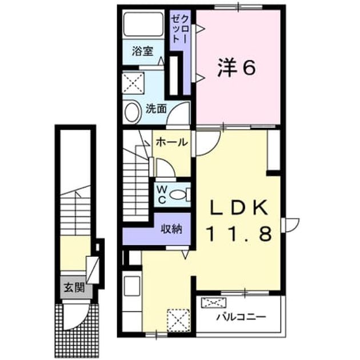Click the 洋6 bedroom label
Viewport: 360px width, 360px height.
click(237, 67)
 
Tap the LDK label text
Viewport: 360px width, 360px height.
click(239, 207)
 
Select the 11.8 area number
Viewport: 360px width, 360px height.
click(239, 233)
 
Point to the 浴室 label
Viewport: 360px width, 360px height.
click(142, 51)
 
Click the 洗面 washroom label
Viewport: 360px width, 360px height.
click(157, 109)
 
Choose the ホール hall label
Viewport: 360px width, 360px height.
click(172, 142)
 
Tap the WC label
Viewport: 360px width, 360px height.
click(162, 195)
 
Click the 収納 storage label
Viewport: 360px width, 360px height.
click(171, 229)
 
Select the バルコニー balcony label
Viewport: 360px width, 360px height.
click(242, 317)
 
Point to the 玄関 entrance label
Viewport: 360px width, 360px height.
click(74, 287)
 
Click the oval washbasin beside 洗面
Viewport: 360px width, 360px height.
click(132, 112)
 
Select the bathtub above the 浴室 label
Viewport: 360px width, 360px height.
click(143, 24)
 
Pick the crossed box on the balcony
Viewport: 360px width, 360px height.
click(214, 303)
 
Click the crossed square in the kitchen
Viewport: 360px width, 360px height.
click(178, 321)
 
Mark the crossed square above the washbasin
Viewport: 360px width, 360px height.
click(133, 83)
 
